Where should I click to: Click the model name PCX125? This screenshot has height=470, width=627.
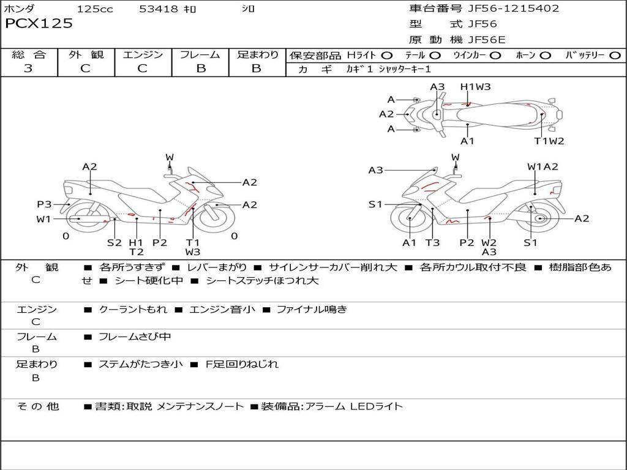39,24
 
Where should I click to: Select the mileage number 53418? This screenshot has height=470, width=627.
159,9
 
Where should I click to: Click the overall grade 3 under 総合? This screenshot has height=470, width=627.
28,69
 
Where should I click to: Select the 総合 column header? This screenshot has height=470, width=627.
29,55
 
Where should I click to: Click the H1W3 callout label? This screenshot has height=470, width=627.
476,87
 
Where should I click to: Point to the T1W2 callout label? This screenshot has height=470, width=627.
549,141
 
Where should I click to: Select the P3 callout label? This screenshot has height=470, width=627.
44,204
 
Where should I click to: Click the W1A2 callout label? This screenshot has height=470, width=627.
543,166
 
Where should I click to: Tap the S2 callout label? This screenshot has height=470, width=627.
115,242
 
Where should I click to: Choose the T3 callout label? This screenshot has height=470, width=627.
432,242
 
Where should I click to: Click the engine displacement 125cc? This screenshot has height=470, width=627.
95,9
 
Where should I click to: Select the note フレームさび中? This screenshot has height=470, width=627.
135,337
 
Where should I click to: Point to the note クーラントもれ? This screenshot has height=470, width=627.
133,310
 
